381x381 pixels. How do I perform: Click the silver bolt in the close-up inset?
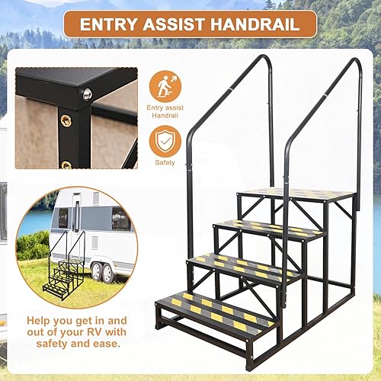coord(87,94)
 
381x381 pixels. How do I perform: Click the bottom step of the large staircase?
coord(215,309)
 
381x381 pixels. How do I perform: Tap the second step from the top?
coord(269,227)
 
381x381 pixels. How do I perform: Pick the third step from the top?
coord(242,266)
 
